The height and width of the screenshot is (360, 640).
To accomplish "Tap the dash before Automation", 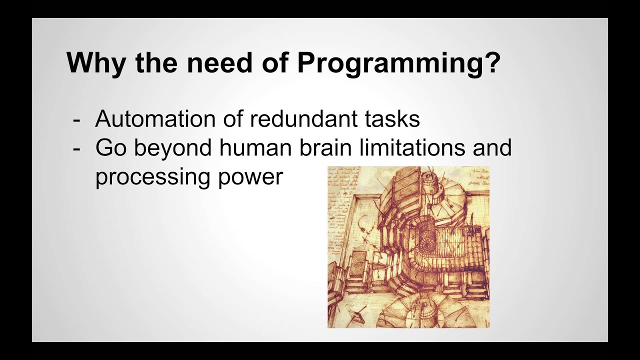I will [76, 120].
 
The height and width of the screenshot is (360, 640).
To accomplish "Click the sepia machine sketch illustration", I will [408, 247].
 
